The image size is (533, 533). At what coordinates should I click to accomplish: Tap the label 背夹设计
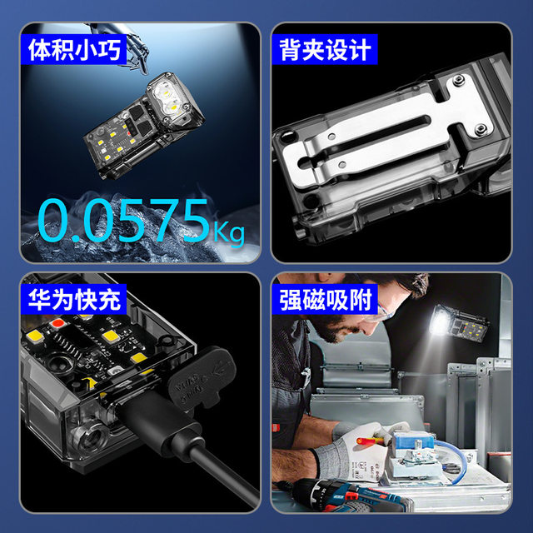coord(325,50)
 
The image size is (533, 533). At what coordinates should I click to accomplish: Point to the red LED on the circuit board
coord(58,322)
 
